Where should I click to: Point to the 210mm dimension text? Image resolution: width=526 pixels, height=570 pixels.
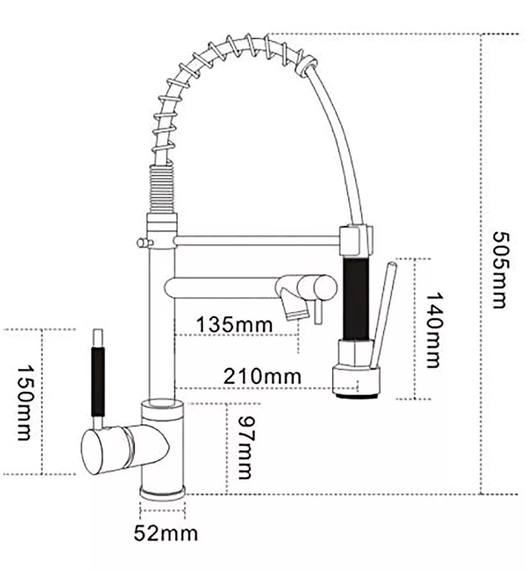click(263, 376)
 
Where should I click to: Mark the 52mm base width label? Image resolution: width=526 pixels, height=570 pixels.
click(165, 533)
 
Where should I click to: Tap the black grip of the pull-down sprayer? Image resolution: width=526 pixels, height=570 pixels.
click(355, 299)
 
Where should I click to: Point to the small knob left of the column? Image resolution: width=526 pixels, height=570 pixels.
click(141, 243)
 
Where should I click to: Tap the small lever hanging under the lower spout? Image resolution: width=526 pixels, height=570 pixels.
click(317, 312)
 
